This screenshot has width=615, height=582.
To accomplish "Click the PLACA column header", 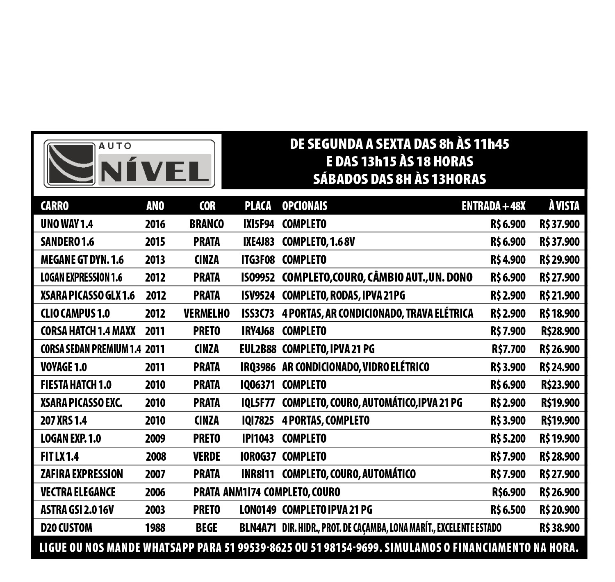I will click(258, 206).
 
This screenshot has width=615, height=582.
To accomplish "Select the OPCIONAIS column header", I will click(305, 206).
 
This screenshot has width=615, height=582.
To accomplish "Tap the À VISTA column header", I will click(564, 206).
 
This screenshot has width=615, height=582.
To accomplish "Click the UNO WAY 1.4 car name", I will click(67, 224).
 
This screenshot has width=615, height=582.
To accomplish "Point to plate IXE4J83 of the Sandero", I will click(258, 242).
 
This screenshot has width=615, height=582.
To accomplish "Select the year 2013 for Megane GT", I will click(155, 260).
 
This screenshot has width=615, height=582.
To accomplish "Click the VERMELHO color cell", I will click(207, 314).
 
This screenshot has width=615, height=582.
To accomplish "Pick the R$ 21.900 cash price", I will click(559, 296).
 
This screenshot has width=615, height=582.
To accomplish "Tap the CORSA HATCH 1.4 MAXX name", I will click(88, 331).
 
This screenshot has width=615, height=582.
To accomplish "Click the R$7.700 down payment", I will click(508, 349).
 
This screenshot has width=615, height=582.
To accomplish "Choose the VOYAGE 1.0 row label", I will click(64, 367).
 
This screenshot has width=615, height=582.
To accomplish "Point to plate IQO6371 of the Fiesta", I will click(258, 385).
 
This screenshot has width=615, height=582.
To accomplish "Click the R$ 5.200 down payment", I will click(508, 439).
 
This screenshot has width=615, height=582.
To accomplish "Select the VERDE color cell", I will click(207, 457).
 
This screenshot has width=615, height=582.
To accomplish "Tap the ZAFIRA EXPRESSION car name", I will click(82, 474).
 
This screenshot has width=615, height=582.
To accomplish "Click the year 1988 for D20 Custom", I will click(155, 528).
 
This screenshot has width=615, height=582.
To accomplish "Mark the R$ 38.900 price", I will click(559, 528).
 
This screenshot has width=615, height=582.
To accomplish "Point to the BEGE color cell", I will click(207, 528).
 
